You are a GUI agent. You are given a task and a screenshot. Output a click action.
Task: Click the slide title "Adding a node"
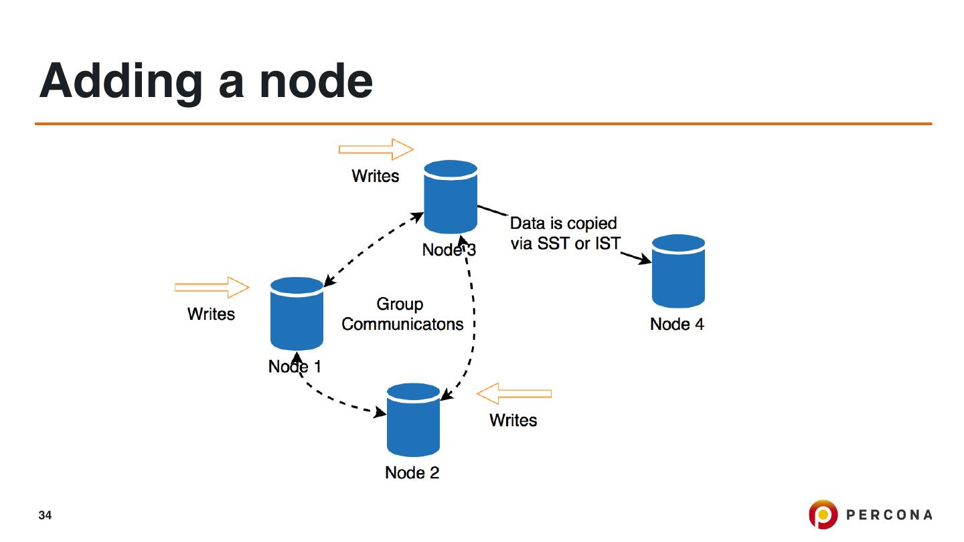click(x=206, y=81)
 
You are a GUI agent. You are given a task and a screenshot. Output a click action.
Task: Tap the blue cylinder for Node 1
click(x=297, y=314)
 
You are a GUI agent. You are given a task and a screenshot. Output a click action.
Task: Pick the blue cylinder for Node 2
click(x=414, y=420)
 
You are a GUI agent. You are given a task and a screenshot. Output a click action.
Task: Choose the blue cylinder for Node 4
click(x=678, y=271)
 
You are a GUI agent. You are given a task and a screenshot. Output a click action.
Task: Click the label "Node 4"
click(x=677, y=325)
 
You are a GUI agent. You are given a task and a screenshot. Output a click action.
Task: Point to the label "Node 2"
click(x=412, y=472)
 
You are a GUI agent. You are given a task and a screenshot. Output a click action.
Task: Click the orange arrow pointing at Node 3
click(x=377, y=149)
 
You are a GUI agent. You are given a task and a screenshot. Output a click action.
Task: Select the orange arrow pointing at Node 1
click(x=212, y=287)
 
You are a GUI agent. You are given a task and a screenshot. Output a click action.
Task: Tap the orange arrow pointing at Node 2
click(x=514, y=393)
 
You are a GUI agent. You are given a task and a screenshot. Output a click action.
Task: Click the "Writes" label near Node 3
click(x=376, y=176)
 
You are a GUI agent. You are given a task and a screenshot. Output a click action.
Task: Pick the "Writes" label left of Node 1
click(x=212, y=314)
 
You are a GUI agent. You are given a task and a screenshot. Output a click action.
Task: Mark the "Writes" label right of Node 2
click(x=513, y=420)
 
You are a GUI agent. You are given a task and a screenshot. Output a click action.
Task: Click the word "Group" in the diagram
click(x=400, y=304)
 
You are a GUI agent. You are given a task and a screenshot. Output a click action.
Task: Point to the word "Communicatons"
click(x=402, y=325)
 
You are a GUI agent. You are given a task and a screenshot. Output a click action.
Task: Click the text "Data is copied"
click(x=564, y=223)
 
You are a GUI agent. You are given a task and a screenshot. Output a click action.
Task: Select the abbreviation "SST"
click(x=555, y=244)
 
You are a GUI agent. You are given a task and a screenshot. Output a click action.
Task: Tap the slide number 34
click(x=45, y=515)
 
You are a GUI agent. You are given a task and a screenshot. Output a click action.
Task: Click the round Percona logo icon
click(x=823, y=515)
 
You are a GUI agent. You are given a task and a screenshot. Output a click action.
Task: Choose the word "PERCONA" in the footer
click(x=890, y=515)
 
